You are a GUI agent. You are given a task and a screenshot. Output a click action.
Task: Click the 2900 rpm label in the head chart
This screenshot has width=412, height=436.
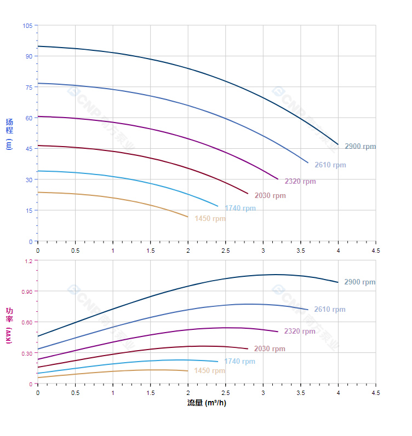[360, 147]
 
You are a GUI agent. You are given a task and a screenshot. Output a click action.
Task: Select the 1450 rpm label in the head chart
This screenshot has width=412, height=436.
[210, 219]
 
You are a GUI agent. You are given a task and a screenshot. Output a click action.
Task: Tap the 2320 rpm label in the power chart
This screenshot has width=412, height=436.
[300, 332]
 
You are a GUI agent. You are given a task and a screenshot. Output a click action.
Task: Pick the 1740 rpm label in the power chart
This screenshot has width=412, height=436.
[239, 362]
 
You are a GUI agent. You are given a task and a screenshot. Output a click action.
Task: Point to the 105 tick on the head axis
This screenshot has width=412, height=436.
[27, 26]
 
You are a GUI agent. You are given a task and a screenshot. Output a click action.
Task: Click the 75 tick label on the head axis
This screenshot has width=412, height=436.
[29, 87]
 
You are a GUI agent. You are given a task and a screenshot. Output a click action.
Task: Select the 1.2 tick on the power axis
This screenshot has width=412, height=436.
[28, 261]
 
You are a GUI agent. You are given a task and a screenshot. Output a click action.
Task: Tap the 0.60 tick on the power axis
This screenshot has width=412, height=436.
[27, 322]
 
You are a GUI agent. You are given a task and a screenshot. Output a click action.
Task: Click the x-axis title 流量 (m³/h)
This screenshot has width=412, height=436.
[207, 403]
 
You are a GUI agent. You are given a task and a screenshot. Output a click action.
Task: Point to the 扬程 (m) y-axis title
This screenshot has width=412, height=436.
[9, 133]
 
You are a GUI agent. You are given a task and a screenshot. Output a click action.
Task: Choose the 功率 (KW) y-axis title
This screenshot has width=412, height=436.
[9, 325]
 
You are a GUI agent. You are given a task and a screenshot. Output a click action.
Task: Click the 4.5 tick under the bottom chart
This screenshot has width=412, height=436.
[376, 393]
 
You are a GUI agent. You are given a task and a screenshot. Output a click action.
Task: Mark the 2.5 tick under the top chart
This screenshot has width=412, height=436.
[225, 250]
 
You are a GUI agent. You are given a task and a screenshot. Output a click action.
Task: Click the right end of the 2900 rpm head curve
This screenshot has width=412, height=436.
[338, 144]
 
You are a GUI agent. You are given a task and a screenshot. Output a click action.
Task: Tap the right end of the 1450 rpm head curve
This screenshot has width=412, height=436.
[188, 217]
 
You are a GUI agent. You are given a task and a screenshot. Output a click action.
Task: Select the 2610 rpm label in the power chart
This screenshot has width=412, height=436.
[330, 310]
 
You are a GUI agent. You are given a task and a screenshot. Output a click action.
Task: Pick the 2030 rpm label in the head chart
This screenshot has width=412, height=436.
[270, 196]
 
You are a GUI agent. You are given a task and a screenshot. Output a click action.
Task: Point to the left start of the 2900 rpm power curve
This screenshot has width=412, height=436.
[38, 336]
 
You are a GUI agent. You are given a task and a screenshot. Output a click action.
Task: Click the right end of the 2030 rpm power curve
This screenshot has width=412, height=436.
[248, 349]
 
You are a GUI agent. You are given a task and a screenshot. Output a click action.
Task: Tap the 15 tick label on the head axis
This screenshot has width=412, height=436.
[29, 211]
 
